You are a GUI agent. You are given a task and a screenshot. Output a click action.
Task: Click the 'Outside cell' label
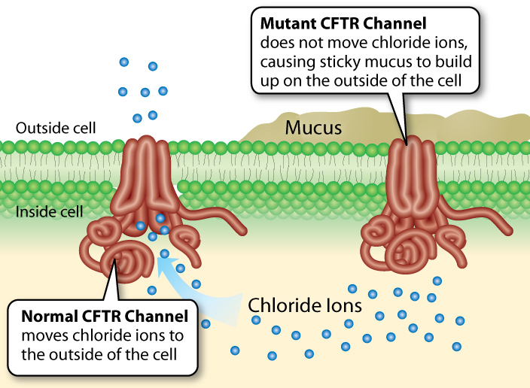coord(56,127)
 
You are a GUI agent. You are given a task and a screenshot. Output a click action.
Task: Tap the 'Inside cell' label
coord(50,213)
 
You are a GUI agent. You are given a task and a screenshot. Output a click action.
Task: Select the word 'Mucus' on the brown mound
coord(313,128)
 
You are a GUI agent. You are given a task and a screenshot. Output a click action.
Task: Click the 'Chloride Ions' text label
coord(306,306)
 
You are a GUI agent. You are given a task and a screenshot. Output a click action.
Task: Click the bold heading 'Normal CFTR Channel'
coord(102,315)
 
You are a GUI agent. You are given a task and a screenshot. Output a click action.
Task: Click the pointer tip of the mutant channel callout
coord(407,142)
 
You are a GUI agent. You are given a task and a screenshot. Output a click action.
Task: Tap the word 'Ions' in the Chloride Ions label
coord(343,306)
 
